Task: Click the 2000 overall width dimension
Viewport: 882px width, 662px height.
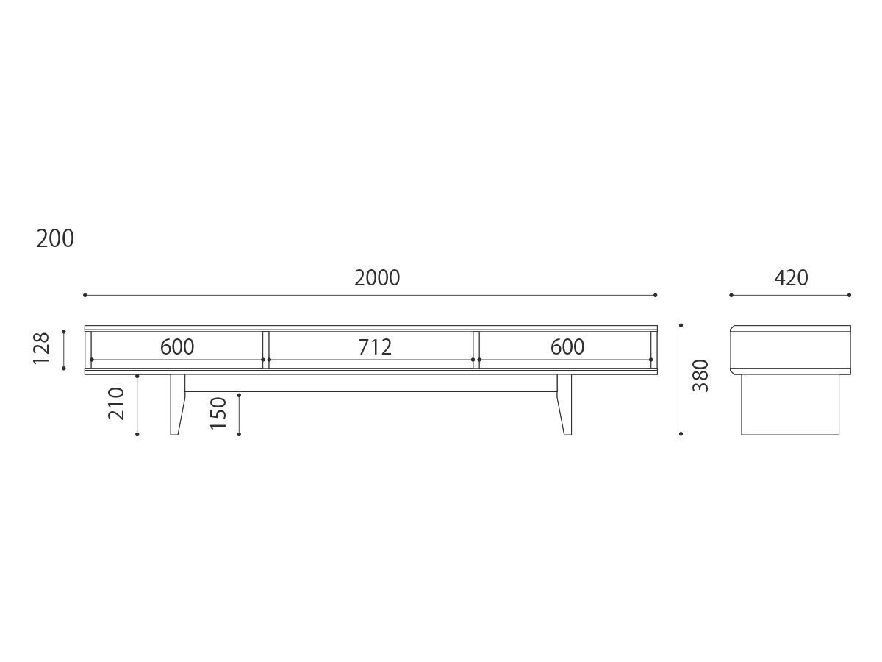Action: coord(377,278)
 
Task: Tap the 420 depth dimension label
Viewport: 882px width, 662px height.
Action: coord(791,278)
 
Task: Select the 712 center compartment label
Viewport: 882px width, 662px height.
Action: coord(375,347)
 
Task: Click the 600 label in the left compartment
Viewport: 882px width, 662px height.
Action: coord(177,346)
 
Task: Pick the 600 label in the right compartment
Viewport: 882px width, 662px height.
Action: coord(567,346)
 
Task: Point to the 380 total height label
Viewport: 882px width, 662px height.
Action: coord(700,375)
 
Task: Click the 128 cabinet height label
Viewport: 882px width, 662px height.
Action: coord(41,349)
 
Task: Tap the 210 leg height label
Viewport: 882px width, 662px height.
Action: coord(117,404)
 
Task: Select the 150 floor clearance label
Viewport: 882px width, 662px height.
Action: coord(218,413)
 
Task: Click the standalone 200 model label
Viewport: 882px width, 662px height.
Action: coord(55,239)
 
